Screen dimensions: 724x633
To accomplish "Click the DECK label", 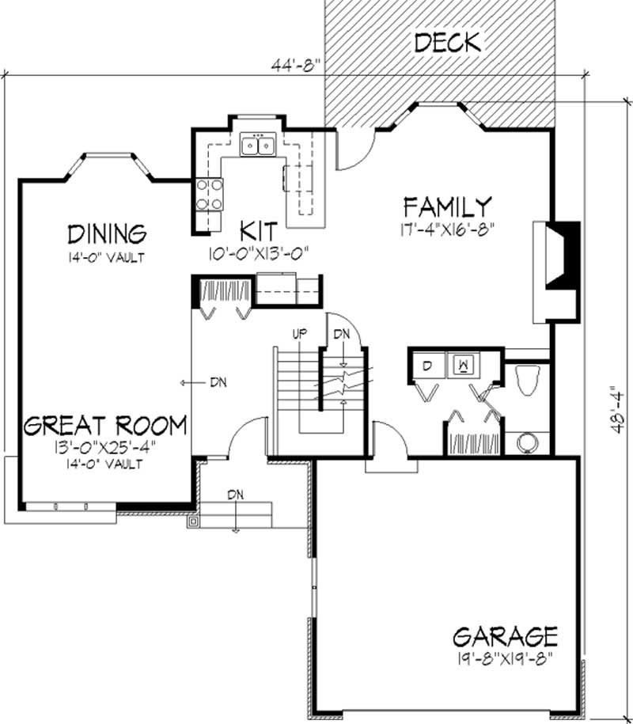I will (x=447, y=43).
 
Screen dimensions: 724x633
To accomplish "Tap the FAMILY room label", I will (x=447, y=208).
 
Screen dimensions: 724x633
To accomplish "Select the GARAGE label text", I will (x=505, y=636).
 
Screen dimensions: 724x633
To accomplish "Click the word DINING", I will (x=107, y=234).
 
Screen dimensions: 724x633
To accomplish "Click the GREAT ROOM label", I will (x=104, y=426).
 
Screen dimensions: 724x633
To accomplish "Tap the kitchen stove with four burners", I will (x=209, y=195).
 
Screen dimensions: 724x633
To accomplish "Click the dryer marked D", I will (x=427, y=366).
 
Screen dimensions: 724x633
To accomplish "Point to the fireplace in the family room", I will (x=557, y=269).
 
